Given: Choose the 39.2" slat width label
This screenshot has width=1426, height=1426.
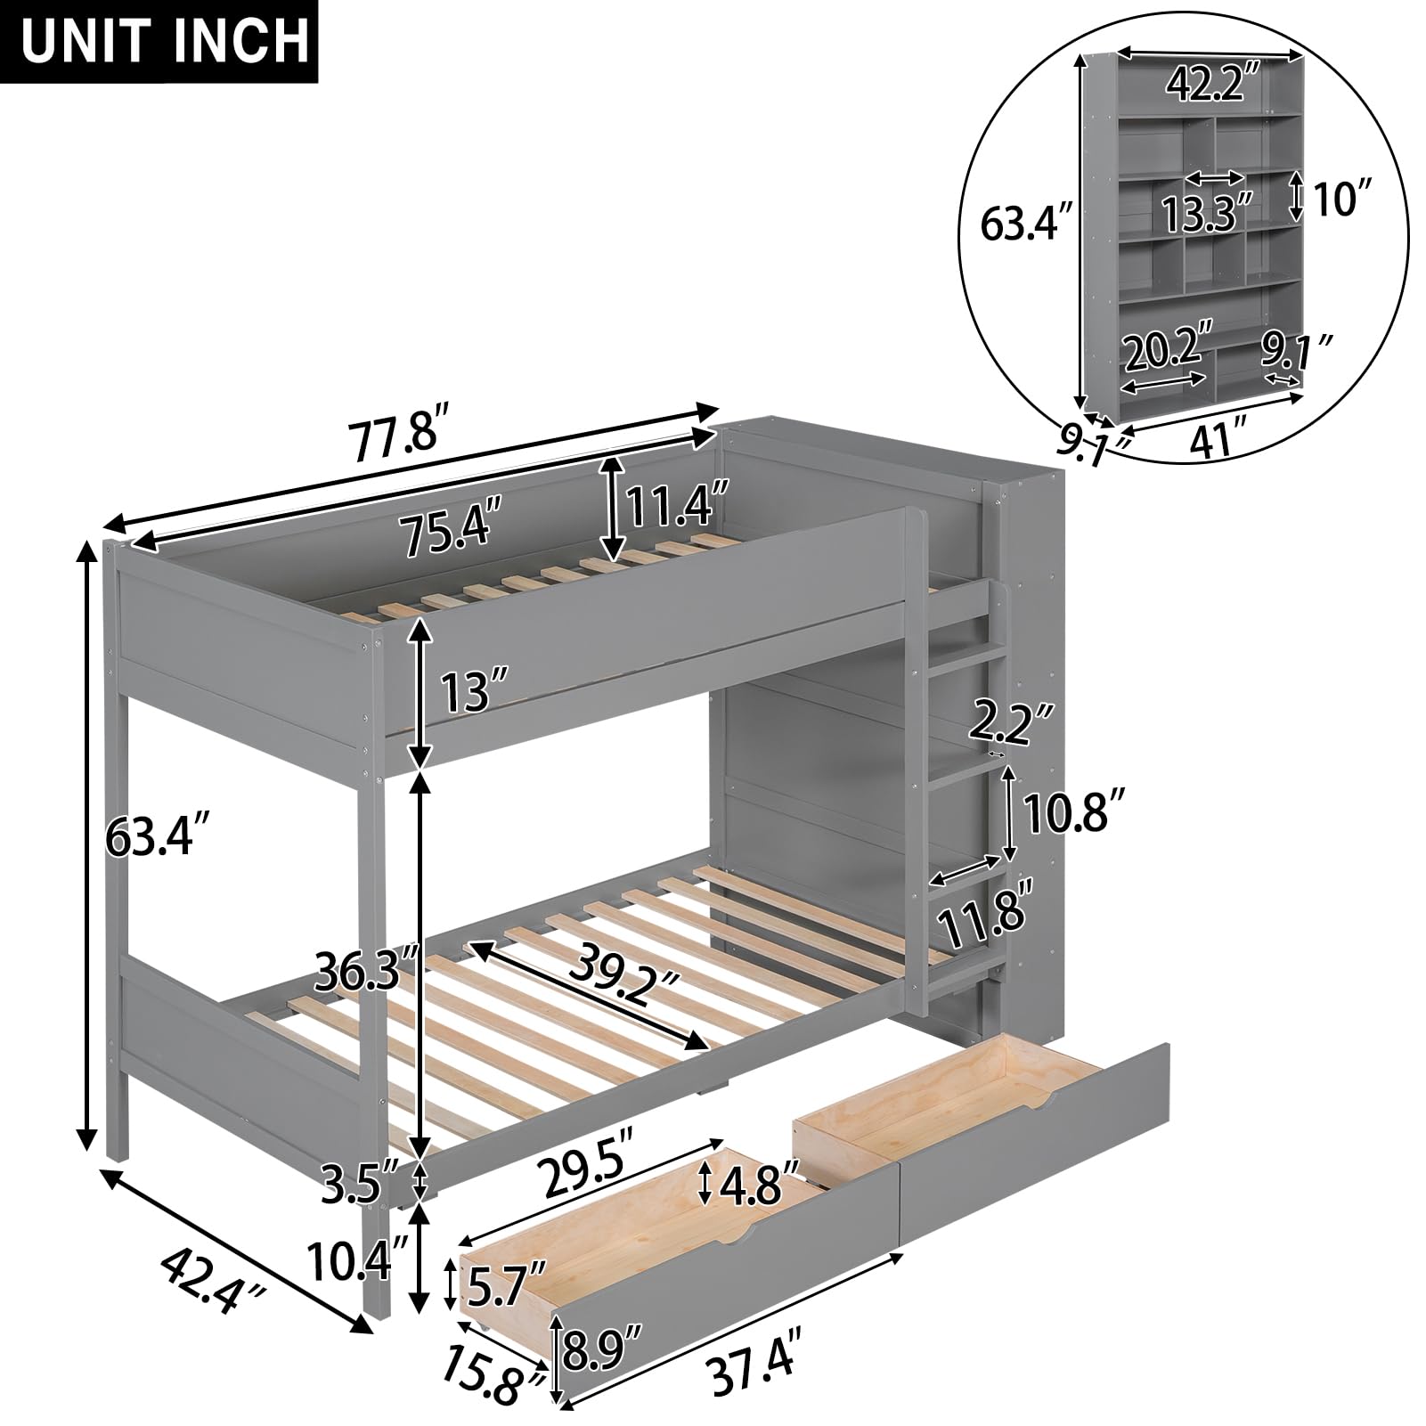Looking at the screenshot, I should click(624, 981).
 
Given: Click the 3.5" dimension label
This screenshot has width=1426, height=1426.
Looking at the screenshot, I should click(359, 1189).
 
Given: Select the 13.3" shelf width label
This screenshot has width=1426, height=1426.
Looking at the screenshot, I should click(1206, 212).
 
